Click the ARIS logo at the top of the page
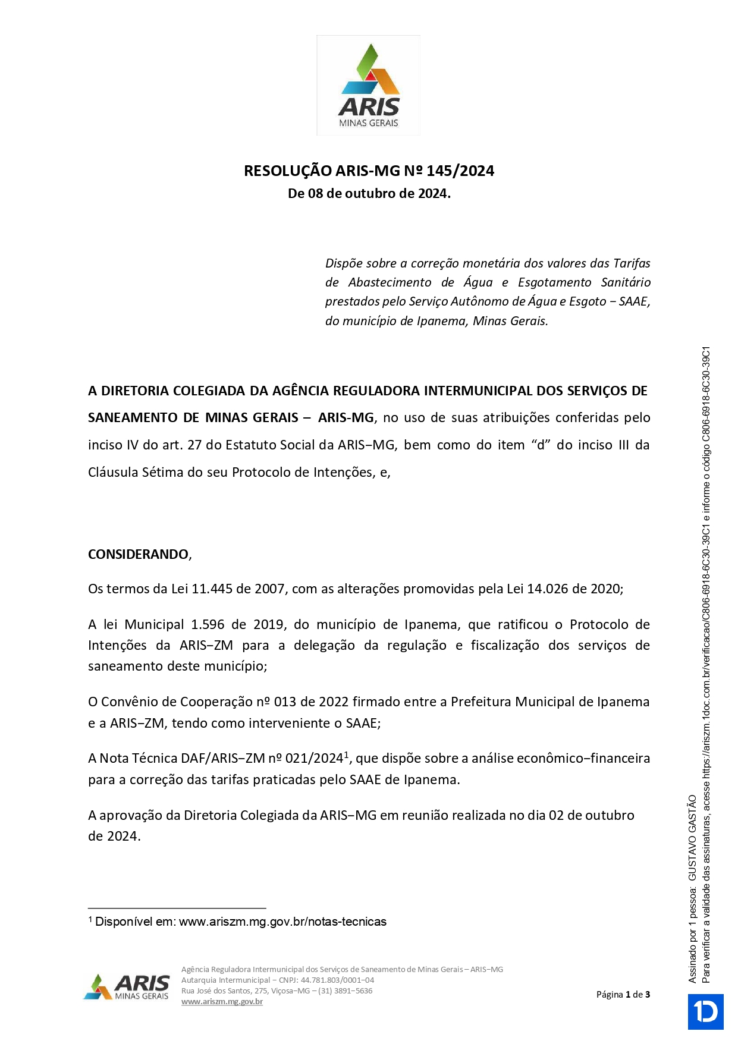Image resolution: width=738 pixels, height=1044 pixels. pyautogui.click(x=369, y=86)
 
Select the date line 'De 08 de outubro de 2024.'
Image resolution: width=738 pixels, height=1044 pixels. pyautogui.click(x=369, y=194)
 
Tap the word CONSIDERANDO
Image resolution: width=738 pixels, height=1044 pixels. pyautogui.click(x=139, y=555)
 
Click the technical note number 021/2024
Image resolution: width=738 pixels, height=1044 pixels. pyautogui.click(x=315, y=759)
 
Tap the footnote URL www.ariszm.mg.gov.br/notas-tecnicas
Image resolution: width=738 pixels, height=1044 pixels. pyautogui.click(x=282, y=922)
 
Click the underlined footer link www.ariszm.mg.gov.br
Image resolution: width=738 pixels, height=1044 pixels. pyautogui.click(x=222, y=1002)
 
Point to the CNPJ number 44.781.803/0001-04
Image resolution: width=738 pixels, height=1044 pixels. pyautogui.click(x=337, y=980)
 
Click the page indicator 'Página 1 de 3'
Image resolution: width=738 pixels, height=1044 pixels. pyautogui.click(x=623, y=995)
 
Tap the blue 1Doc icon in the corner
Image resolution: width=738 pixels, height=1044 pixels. pyautogui.click(x=706, y=1012)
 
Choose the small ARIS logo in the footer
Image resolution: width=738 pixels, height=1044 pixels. pyautogui.click(x=127, y=988)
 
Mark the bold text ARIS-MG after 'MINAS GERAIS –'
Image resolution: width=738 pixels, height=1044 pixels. pyautogui.click(x=346, y=418)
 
